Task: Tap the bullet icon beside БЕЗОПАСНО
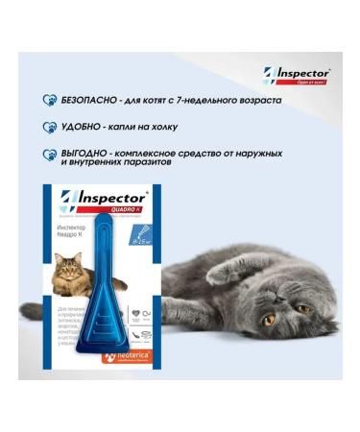pos(47,100)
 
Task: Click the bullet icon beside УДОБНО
pos(47,126)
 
